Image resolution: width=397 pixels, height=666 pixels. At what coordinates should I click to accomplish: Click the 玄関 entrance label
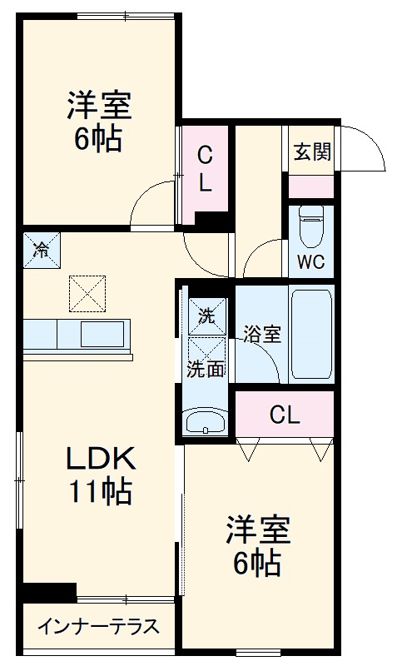click(312, 152)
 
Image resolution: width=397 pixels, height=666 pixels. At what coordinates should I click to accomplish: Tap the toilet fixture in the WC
click(311, 226)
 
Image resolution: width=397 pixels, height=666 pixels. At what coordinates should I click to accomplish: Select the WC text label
click(310, 261)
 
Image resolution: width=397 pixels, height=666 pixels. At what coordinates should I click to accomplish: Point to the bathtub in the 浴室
click(311, 334)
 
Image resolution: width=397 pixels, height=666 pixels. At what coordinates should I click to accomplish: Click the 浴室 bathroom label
click(262, 334)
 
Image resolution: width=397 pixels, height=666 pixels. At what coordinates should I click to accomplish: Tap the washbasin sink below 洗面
click(206, 422)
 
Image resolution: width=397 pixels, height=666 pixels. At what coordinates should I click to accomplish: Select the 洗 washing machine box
click(207, 316)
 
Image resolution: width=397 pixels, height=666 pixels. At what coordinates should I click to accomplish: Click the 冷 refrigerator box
click(42, 251)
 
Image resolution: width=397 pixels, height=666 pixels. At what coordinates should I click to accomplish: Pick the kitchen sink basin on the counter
click(102, 335)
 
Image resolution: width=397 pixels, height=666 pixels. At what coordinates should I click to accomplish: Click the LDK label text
click(101, 459)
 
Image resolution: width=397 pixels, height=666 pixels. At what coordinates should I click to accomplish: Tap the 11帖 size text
click(101, 491)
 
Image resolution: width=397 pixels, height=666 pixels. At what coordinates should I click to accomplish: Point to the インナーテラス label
click(98, 627)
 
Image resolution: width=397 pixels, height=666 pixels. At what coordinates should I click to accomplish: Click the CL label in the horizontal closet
click(285, 415)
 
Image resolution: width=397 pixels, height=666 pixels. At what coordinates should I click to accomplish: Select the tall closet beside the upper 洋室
click(205, 174)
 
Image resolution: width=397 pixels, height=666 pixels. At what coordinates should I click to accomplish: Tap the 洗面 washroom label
click(206, 369)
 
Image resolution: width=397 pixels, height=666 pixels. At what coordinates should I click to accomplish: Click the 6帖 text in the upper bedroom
click(98, 139)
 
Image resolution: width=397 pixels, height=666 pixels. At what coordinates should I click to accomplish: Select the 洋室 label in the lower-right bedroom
click(258, 529)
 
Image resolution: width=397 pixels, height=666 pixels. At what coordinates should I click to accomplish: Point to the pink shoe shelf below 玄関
click(310, 186)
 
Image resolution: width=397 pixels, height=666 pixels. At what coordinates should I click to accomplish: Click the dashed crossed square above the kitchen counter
click(87, 294)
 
